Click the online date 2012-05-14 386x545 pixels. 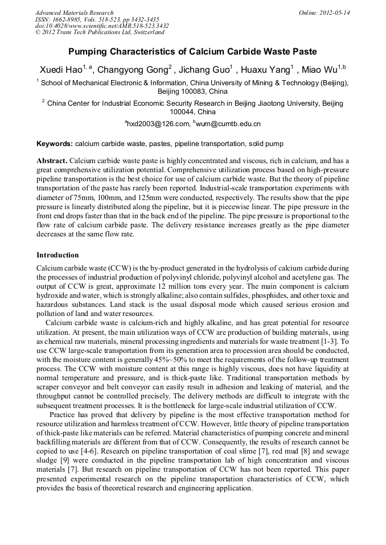[x=335, y=13]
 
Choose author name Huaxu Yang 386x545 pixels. [x=267, y=70]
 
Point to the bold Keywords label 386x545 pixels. [x=55, y=144]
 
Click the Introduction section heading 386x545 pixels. [x=58, y=255]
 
